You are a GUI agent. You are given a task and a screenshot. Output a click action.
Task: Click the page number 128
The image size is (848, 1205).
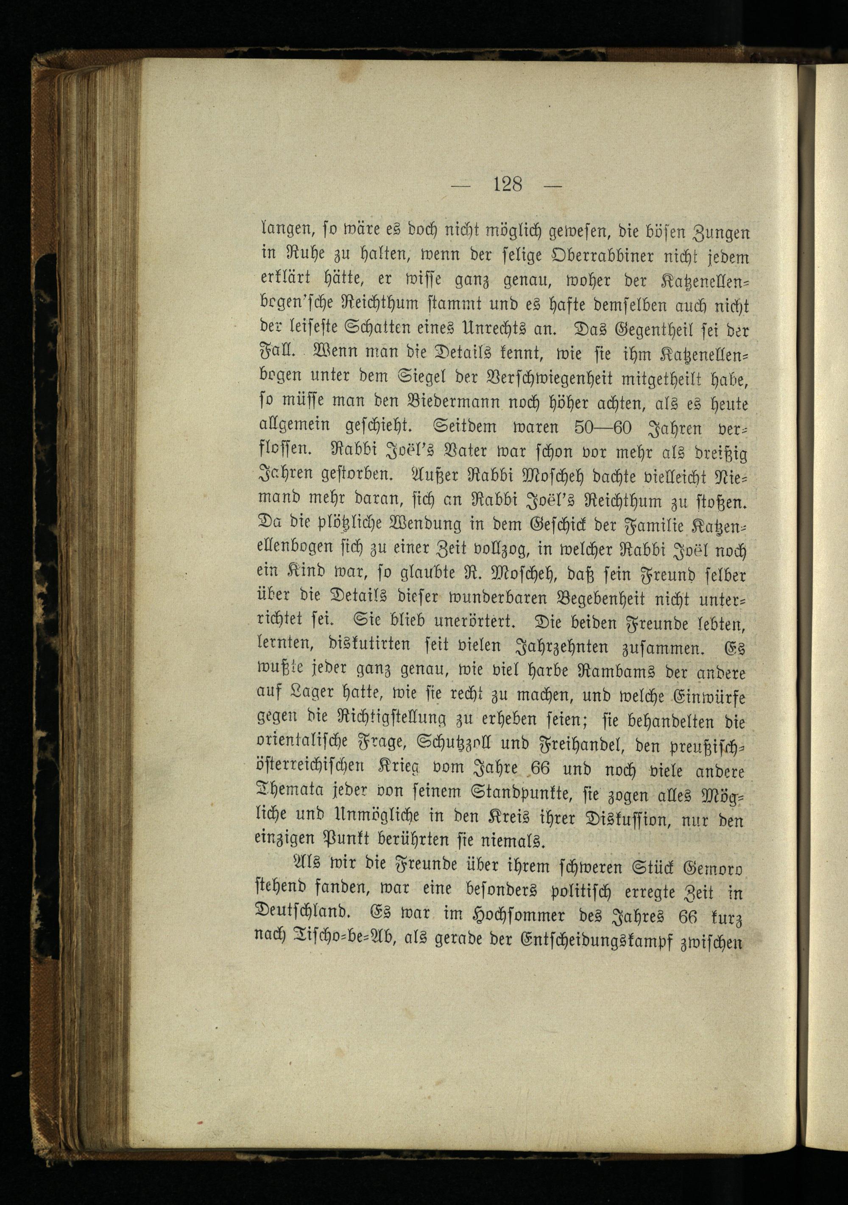(508, 184)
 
